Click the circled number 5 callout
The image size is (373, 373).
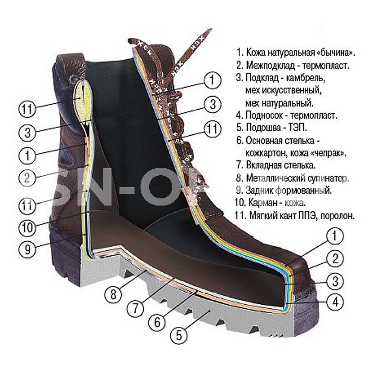pos(179,335)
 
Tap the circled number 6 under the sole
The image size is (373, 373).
pos(157,323)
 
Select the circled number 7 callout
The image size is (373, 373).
pos(135,308)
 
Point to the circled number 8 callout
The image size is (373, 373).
pos(113,295)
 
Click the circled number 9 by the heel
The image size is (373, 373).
pos(28,249)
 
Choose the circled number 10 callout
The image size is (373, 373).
pos(28,228)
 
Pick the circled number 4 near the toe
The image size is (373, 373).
pos(335,302)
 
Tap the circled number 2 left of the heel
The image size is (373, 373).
pos(28,178)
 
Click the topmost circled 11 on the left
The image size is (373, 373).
pos(28,109)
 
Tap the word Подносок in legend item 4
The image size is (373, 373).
pos(264,115)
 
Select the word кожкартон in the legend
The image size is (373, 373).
pos(264,153)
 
